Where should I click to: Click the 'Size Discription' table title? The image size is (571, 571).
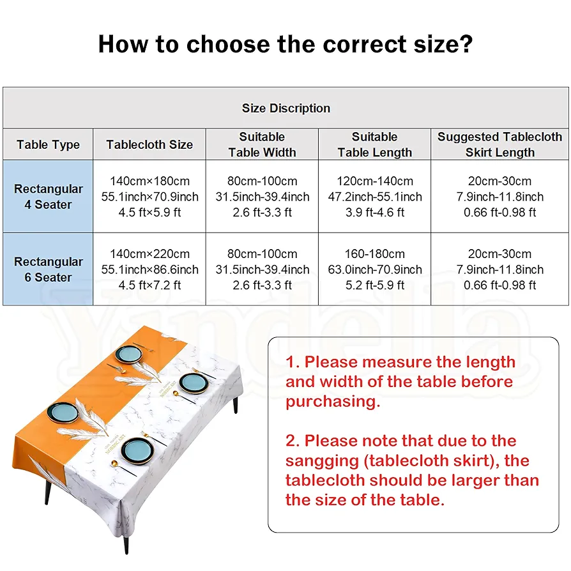click(x=285, y=108)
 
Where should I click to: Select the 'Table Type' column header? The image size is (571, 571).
click(x=48, y=144)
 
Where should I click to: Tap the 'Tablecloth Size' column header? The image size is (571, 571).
click(x=149, y=144)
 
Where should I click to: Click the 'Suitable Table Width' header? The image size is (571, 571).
click(x=262, y=144)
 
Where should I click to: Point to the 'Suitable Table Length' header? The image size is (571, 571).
click(x=374, y=144)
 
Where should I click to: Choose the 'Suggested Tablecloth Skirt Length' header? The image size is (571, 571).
click(x=499, y=144)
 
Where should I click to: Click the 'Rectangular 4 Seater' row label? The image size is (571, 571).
click(x=48, y=197)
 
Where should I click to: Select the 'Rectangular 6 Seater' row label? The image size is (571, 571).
click(x=48, y=270)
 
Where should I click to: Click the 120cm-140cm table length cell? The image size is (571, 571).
click(x=374, y=181)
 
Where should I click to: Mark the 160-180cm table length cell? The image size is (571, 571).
click(x=374, y=254)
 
